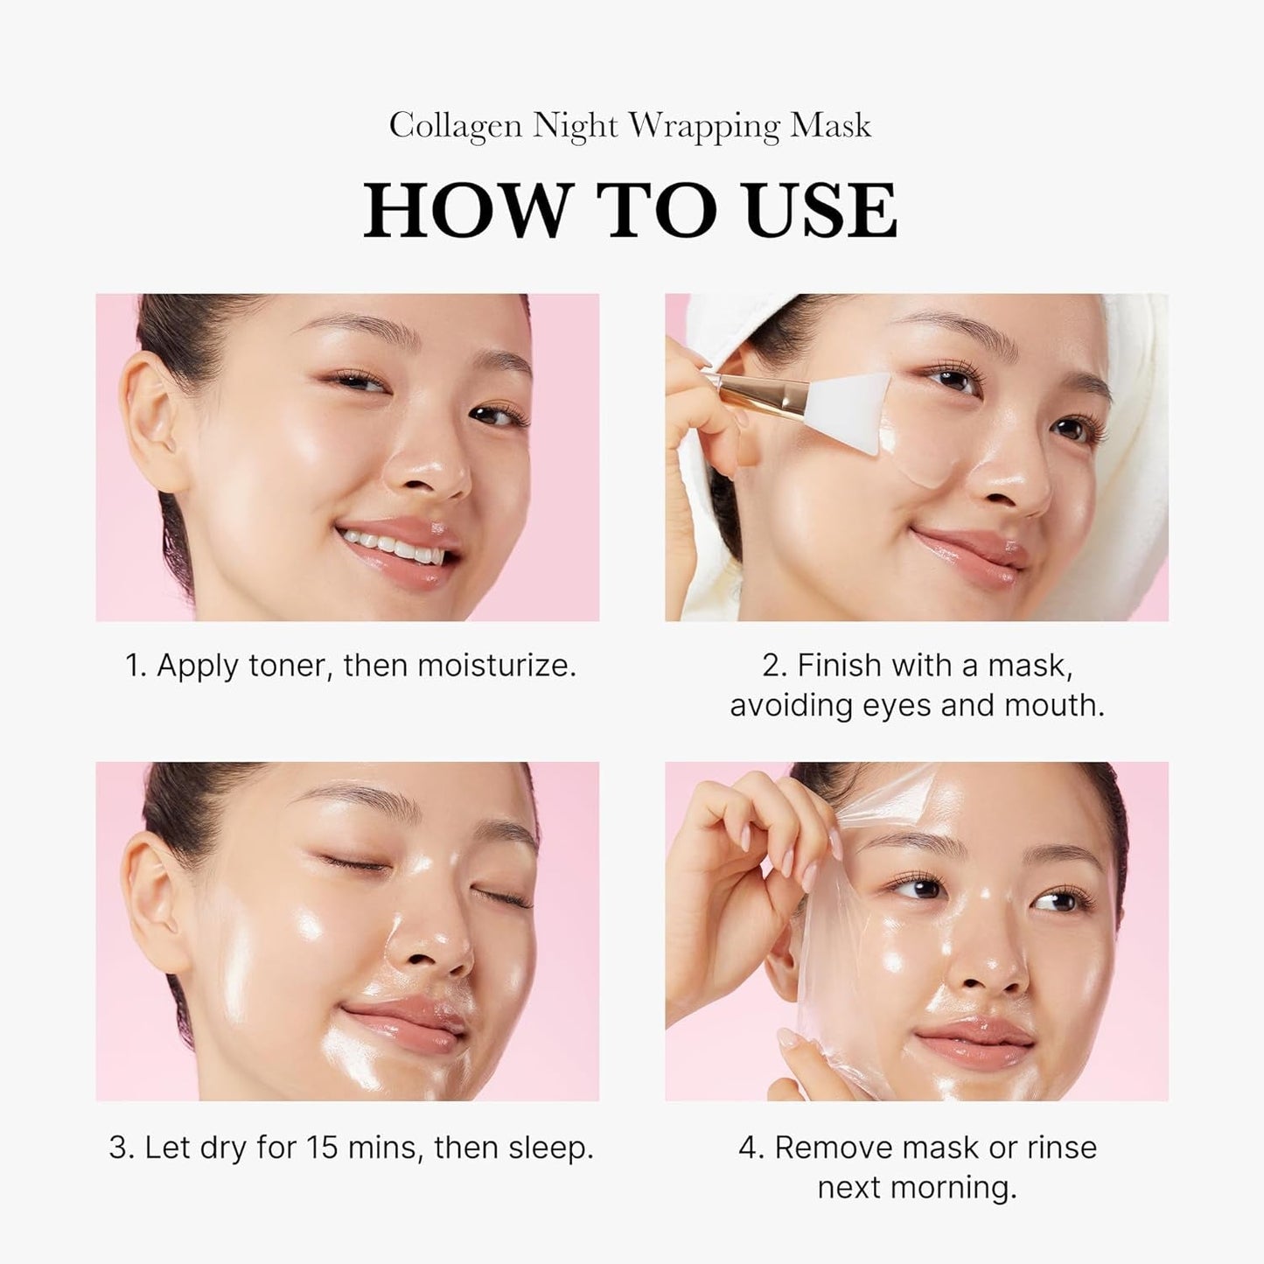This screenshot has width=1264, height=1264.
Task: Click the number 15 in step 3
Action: point(323,1148)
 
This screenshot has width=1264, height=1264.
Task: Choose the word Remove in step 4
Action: point(832,1148)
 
